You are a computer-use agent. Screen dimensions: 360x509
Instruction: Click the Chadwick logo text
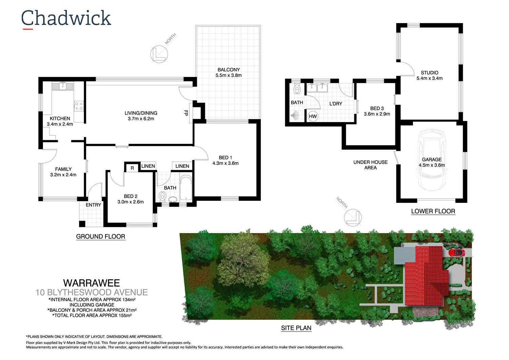tap(66, 18)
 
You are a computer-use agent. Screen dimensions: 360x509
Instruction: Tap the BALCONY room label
tap(229, 70)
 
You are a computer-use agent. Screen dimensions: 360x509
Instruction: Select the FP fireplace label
tap(186, 113)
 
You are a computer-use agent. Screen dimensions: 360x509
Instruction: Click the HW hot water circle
tap(313, 116)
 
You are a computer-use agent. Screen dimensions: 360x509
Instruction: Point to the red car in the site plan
tap(456, 252)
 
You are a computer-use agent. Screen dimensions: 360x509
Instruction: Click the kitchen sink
tap(62, 86)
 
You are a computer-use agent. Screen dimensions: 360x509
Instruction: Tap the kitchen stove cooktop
tap(79, 106)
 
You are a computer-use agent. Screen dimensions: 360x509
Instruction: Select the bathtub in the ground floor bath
tap(186, 188)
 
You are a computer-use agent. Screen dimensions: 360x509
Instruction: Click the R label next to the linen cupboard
tap(132, 168)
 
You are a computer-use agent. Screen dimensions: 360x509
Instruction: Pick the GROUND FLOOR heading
tap(100, 236)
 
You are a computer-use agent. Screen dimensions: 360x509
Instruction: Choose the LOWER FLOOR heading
tap(433, 211)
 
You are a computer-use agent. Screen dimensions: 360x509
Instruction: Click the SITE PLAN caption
tap(296, 328)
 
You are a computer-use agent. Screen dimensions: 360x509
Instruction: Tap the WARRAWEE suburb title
tap(92, 283)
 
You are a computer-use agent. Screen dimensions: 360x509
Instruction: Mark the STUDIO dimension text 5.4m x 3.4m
tap(430, 78)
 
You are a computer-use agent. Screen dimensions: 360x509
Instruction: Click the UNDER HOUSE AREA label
tap(370, 165)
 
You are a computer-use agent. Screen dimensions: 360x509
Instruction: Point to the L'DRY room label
tap(336, 104)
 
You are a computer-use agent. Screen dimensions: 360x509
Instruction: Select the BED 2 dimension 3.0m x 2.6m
tap(131, 202)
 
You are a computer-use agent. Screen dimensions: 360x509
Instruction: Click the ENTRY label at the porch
tap(93, 205)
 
